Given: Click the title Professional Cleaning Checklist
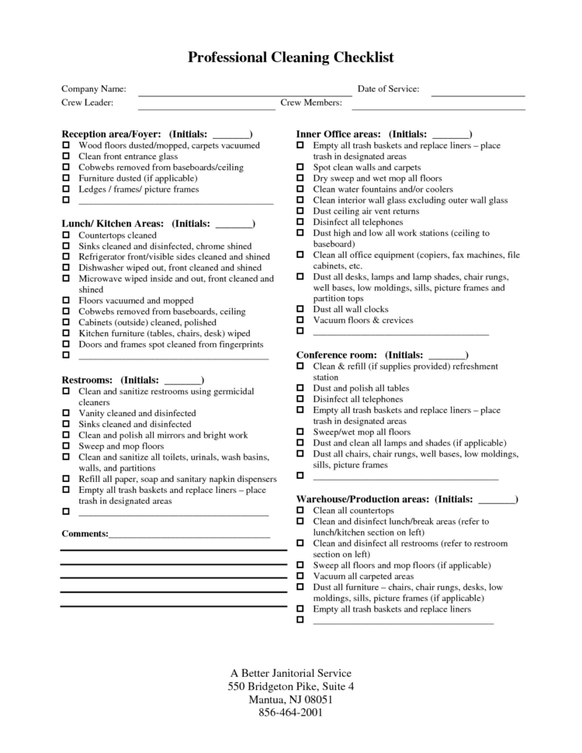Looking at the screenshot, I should pyautogui.click(x=291, y=57).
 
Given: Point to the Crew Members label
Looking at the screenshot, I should pyautogui.click(x=311, y=102).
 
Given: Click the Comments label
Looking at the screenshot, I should pyautogui.click(x=85, y=534).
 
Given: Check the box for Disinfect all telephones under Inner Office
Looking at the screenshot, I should pyautogui.click(x=300, y=222).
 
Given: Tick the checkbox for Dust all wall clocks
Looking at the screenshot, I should pyautogui.click(x=300, y=309).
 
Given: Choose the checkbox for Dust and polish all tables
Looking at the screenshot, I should pyautogui.click(x=300, y=388).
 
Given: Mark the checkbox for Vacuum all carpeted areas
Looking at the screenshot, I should pyautogui.click(x=300, y=577).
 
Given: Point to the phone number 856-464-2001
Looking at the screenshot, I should pyautogui.click(x=291, y=712).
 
